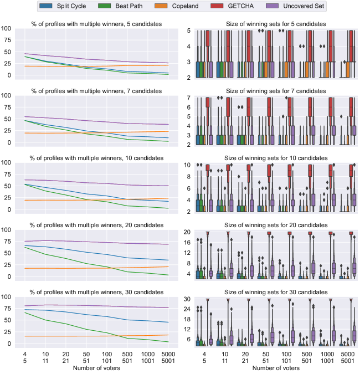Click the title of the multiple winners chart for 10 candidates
tap(97, 158)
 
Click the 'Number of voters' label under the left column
tap(96, 367)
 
